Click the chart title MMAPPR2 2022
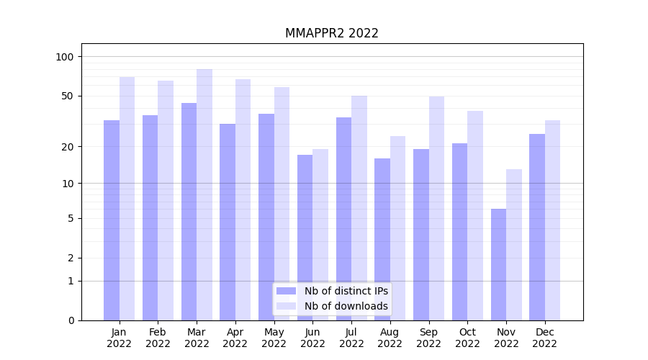click(331, 33)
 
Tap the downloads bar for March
click(204, 194)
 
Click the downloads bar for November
click(514, 245)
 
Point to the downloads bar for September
click(436, 208)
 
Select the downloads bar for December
click(552, 220)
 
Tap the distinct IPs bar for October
click(459, 231)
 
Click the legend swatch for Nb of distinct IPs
click(286, 291)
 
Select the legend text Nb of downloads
click(346, 306)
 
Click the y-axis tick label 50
click(68, 96)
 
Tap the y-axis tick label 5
click(71, 218)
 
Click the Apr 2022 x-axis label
click(235, 338)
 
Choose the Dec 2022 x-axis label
click(545, 338)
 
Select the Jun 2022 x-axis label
click(312, 338)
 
